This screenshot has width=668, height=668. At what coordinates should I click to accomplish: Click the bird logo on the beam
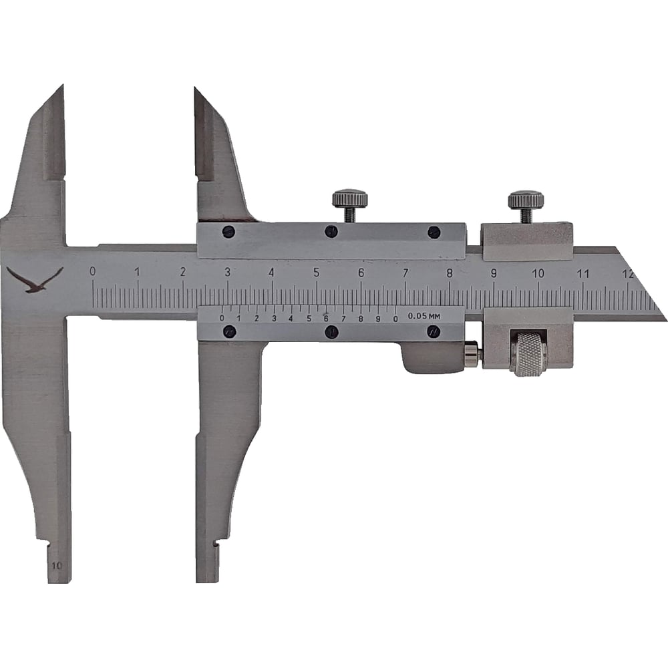click(x=35, y=279)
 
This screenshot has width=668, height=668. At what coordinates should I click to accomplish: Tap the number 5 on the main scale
click(x=316, y=273)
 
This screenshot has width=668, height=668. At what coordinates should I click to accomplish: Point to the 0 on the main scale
click(x=92, y=271)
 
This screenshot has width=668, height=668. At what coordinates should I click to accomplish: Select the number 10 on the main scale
click(x=538, y=273)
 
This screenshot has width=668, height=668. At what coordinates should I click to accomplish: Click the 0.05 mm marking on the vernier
click(x=424, y=316)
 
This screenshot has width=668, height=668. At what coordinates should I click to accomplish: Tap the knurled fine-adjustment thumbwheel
click(x=530, y=353)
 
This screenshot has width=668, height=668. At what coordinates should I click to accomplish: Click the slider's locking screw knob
click(x=350, y=205)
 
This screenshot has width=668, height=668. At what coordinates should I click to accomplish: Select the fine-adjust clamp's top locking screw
click(x=526, y=206)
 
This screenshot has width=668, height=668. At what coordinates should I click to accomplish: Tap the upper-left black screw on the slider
click(x=228, y=232)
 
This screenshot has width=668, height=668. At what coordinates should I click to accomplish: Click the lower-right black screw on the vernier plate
click(x=434, y=331)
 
